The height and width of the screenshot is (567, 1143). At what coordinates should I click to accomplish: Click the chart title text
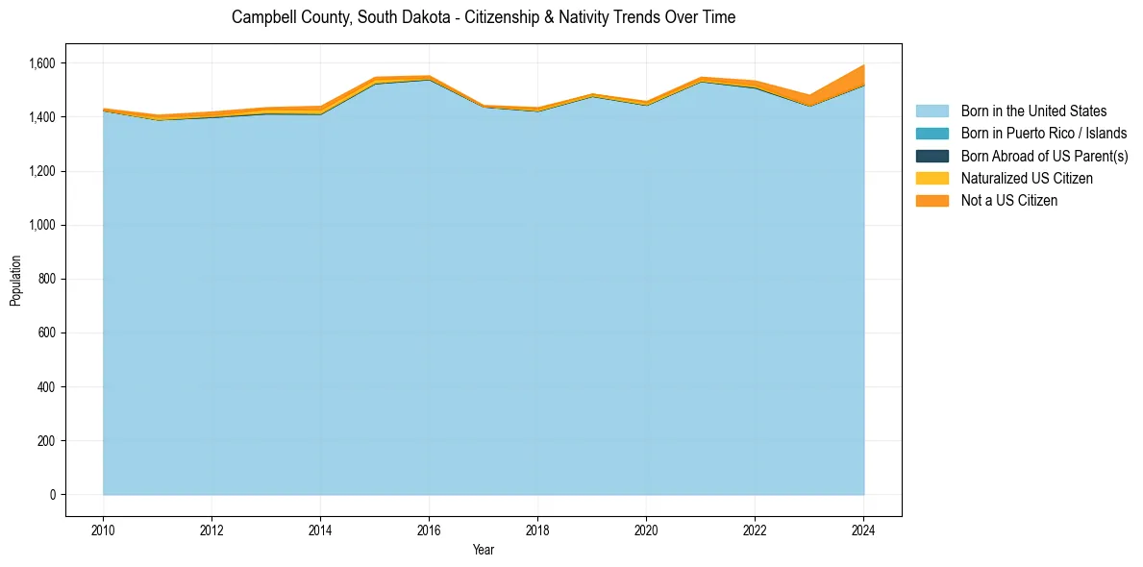[484, 17]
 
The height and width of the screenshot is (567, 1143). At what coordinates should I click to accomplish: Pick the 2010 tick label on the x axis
[103, 530]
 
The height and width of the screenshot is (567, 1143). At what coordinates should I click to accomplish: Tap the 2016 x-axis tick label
[429, 530]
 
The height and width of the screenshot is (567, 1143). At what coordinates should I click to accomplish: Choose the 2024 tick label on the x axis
[864, 530]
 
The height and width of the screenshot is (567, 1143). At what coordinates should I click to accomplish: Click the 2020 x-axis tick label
[646, 530]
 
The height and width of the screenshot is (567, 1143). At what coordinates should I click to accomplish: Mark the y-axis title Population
[15, 281]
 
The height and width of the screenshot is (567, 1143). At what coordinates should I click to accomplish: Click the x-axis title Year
[484, 550]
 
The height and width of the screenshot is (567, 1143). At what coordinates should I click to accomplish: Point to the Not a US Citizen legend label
[1009, 201]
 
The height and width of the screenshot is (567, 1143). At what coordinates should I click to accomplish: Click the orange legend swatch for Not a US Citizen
[932, 201]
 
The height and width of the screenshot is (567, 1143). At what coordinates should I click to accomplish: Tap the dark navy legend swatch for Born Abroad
[932, 156]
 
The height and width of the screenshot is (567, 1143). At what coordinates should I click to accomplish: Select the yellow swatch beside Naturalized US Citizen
[932, 179]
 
